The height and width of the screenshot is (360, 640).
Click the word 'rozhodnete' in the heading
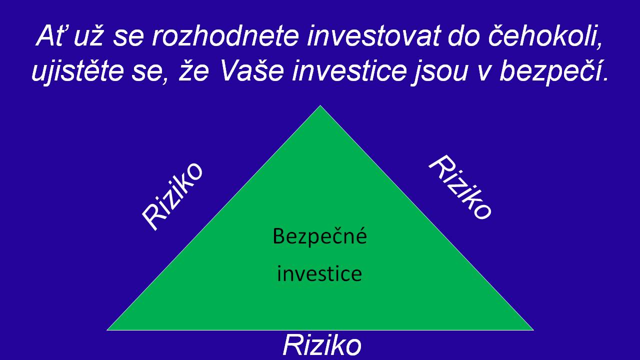point(225,36)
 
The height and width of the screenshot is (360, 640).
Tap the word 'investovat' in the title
point(373,36)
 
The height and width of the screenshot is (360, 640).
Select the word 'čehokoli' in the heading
point(545,36)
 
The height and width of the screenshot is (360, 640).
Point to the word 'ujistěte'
point(77,71)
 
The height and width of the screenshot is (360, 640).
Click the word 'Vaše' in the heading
point(252,70)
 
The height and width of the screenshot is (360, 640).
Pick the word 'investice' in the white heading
point(349,71)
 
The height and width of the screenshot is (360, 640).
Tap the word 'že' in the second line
point(193,70)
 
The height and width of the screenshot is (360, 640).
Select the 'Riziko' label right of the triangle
point(460,187)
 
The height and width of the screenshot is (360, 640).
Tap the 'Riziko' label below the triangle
point(322,345)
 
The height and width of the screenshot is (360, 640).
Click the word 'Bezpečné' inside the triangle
point(319,236)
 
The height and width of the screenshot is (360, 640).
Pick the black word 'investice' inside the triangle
point(319,273)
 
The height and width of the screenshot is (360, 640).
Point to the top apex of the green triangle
point(320,105)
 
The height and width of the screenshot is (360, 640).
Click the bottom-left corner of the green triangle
point(107,330)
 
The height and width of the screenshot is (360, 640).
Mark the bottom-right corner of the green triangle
point(533,330)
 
